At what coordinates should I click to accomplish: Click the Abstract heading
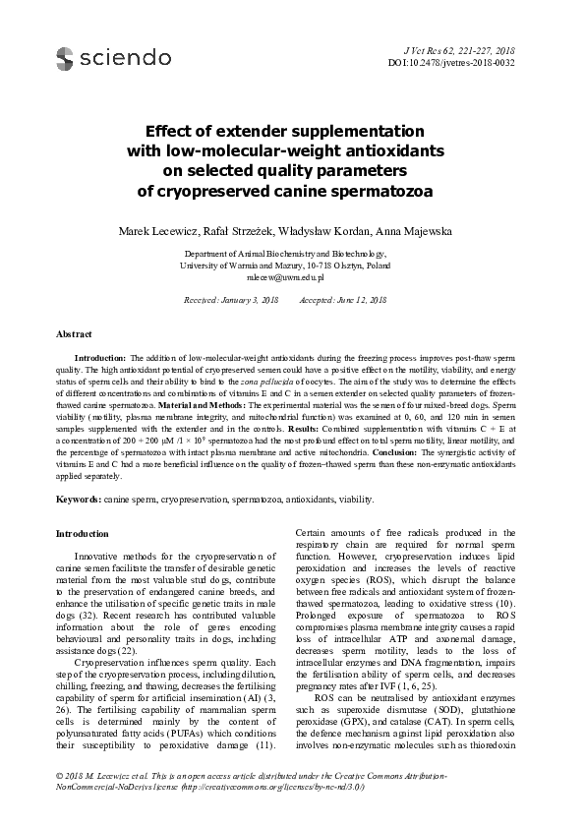point(75,334)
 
